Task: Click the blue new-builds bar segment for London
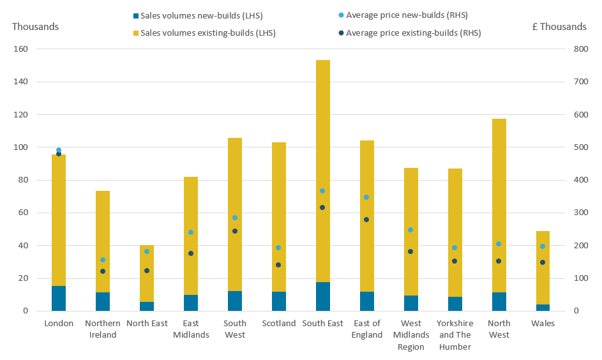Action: [59, 298]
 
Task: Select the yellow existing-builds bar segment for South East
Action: [323, 171]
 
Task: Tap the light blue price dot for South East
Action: [322, 191]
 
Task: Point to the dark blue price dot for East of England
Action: [366, 220]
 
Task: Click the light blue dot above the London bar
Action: [59, 150]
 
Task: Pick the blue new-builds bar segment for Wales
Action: [543, 308]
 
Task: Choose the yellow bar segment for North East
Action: [147, 274]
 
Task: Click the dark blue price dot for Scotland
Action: [278, 265]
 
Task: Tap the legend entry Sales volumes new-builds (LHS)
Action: [198, 16]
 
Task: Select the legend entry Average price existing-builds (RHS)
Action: [410, 33]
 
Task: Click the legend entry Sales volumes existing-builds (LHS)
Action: [205, 33]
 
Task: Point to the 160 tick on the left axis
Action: [20, 49]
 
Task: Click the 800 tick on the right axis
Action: [581, 49]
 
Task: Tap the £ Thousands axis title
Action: [559, 26]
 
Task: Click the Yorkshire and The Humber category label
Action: [455, 335]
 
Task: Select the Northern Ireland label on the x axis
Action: [103, 329]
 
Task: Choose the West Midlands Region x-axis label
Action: [411, 335]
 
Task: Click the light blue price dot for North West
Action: [499, 244]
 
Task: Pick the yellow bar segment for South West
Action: [235, 214]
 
